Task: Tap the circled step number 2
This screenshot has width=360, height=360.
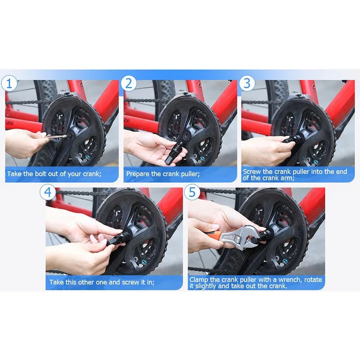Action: click(129, 84)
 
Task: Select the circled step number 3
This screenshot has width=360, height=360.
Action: click(247, 84)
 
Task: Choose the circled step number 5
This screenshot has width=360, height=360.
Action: click(192, 192)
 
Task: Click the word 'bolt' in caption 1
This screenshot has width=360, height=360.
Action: click(39, 173)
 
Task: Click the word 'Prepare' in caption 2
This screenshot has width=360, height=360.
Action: click(138, 173)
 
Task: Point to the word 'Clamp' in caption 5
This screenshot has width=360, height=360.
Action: click(199, 279)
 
